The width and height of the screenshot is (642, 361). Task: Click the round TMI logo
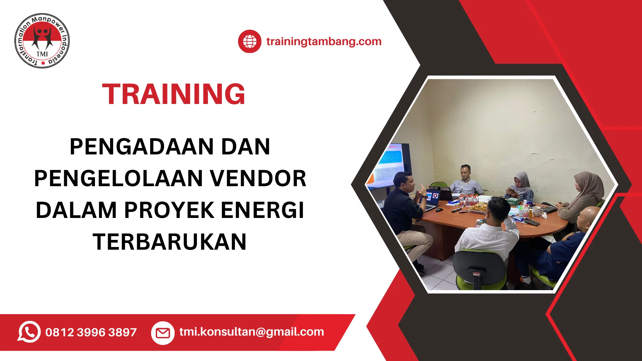(42, 41)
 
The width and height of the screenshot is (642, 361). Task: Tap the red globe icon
(249, 41)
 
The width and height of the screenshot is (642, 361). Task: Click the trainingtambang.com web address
(324, 41)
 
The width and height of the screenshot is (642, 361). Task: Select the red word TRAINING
(174, 94)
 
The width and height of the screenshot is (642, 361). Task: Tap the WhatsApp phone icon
(29, 332)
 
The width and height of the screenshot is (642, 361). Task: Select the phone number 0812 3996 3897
(91, 332)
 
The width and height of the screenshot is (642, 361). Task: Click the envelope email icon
(163, 333)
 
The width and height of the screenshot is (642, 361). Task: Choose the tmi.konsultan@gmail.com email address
(251, 332)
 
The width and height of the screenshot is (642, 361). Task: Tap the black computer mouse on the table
(439, 210)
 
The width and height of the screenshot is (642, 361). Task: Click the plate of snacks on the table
(477, 208)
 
